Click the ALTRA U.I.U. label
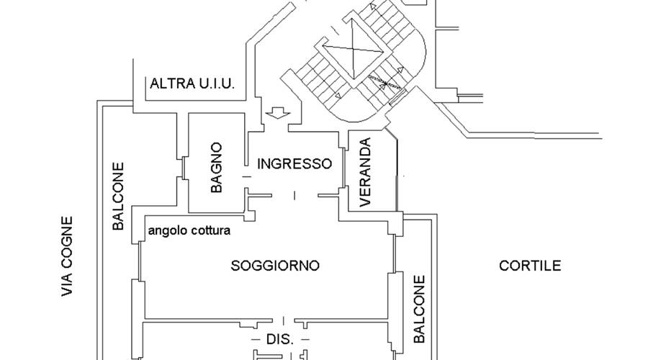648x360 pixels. (192, 84)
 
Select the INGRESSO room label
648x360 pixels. (294, 163)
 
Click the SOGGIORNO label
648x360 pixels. (274, 266)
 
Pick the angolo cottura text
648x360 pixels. (189, 231)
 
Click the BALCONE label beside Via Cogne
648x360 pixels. (119, 196)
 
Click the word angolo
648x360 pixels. (165, 231)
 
